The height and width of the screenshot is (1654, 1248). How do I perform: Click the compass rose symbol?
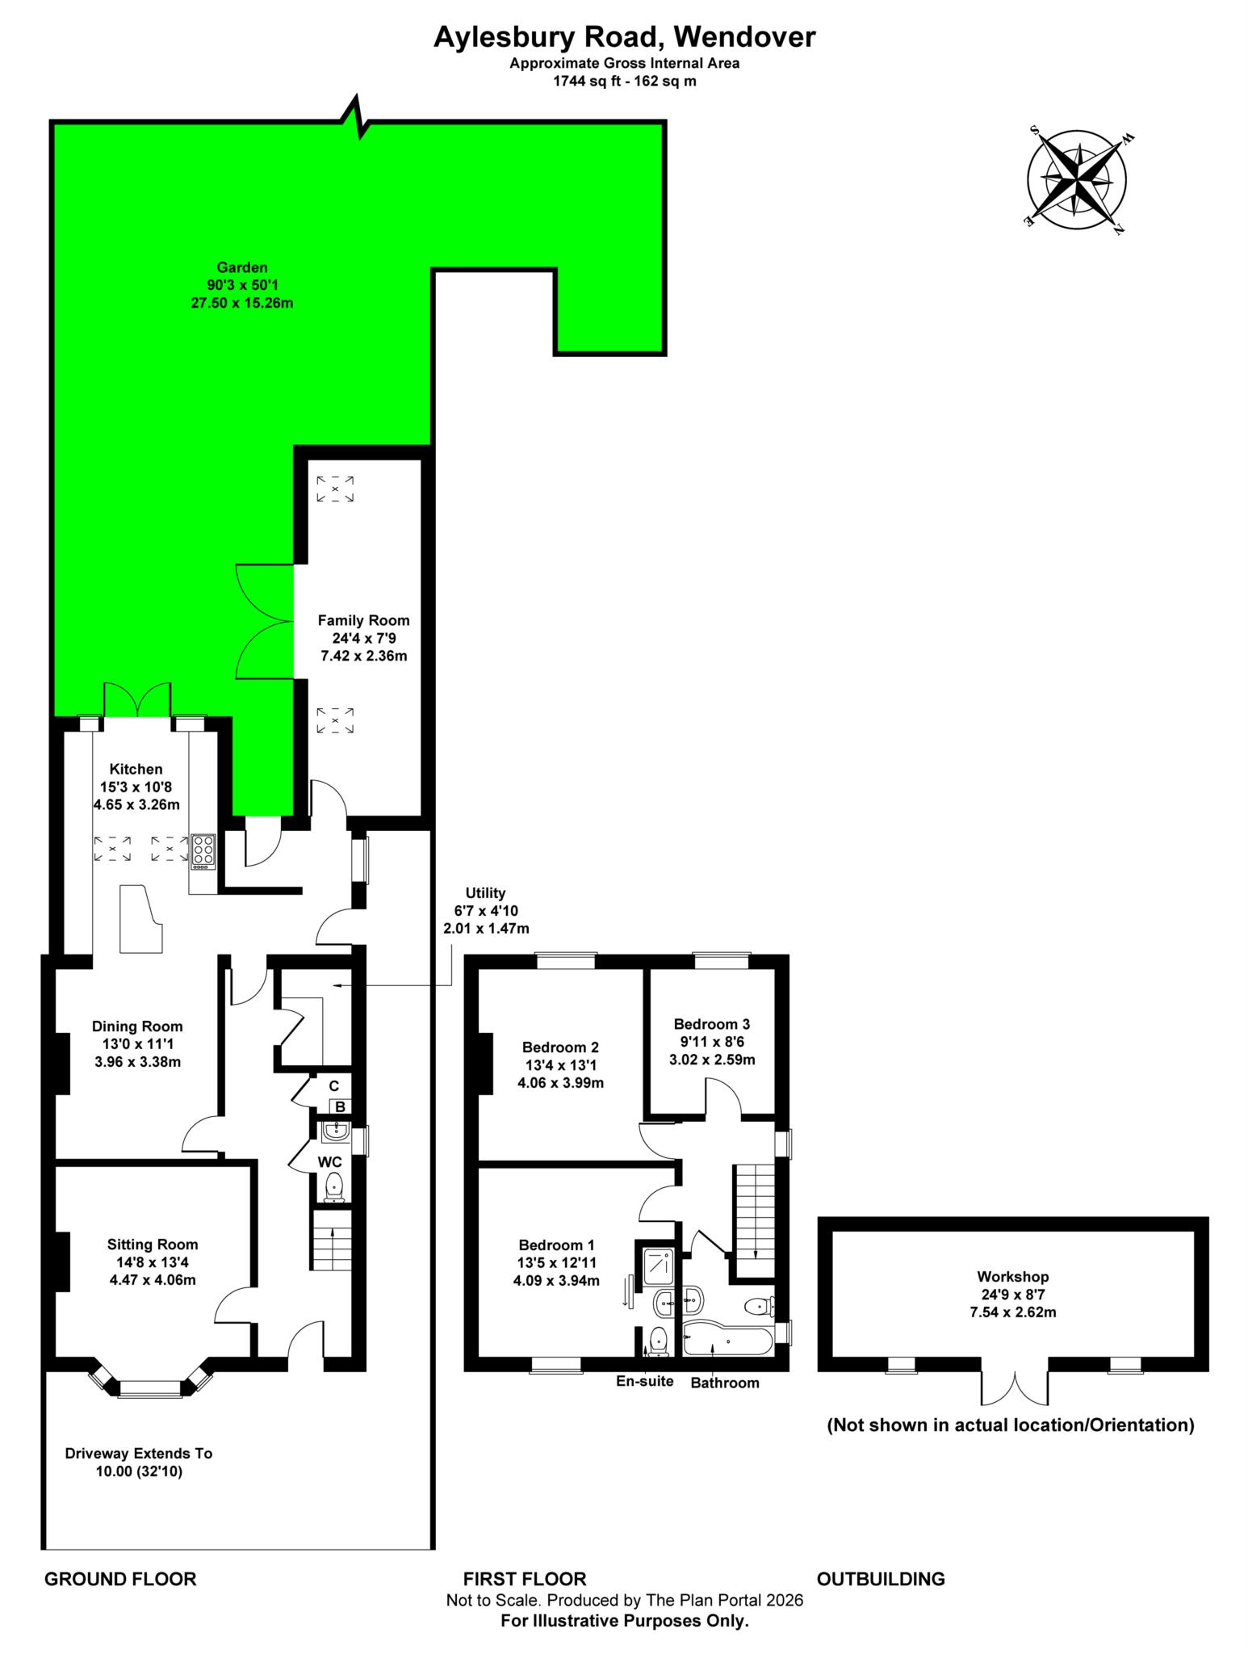click(1077, 178)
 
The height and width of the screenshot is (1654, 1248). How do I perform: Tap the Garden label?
click(242, 267)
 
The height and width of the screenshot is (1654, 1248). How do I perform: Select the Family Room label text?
click(363, 620)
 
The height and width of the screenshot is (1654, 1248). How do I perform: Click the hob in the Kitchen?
click(203, 850)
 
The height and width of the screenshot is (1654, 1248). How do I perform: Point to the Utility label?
click(485, 892)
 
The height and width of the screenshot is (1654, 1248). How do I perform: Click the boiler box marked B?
click(341, 1106)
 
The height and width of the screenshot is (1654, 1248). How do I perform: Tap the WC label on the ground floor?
click(329, 1162)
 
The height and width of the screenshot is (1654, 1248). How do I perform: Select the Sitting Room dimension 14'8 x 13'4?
click(152, 1262)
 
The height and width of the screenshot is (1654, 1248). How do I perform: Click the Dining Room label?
click(137, 1026)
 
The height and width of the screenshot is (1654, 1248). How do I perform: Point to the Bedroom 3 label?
click(712, 1024)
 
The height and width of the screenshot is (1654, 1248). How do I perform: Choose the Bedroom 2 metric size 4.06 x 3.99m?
click(560, 1083)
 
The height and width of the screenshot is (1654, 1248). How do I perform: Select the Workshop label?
click(1012, 1277)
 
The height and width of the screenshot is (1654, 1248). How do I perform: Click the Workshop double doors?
click(1015, 1385)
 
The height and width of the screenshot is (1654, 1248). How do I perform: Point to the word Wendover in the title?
click(744, 37)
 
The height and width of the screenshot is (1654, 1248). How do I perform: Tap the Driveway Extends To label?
click(139, 1454)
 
